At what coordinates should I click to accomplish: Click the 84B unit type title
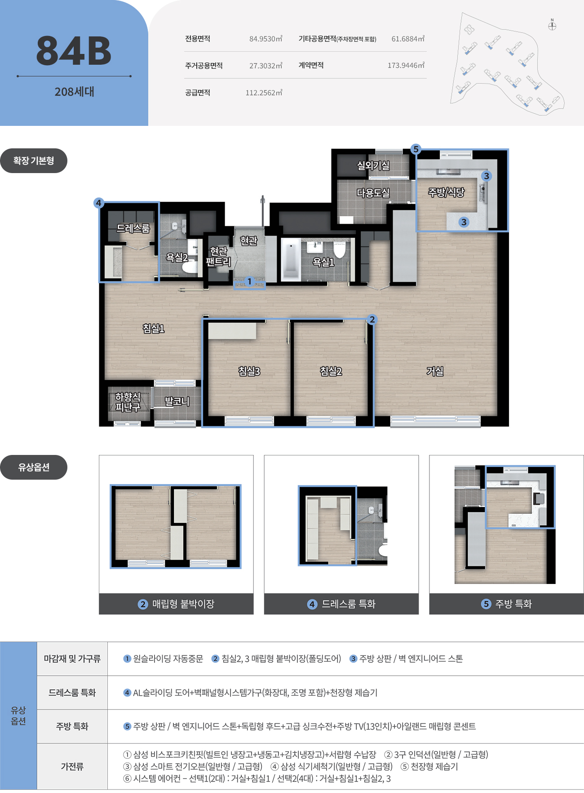pos(74,51)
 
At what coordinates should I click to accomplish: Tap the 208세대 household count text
pos(74,92)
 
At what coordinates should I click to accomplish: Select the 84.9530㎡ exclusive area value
pos(265,39)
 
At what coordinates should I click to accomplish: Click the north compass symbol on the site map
pos(552,25)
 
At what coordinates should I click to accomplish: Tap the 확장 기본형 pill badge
pos(34,161)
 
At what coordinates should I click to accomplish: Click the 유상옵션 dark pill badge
pos(34,468)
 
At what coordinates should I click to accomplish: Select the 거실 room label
pos(435,371)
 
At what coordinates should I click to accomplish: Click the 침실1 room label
pos(154,329)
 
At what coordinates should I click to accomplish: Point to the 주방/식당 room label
pos(446,192)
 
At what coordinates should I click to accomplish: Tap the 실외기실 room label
pos(373,165)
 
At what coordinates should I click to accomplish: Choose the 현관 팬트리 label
pos(218,256)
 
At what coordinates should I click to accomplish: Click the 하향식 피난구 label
pos(128,402)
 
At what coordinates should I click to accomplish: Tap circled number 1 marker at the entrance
pos(249,281)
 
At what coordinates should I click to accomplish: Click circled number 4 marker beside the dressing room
pos(99,203)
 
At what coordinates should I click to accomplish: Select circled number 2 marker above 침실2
pos(372,319)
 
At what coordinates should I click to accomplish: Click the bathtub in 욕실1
pos(291,260)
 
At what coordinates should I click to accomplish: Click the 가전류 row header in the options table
pos(72,766)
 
